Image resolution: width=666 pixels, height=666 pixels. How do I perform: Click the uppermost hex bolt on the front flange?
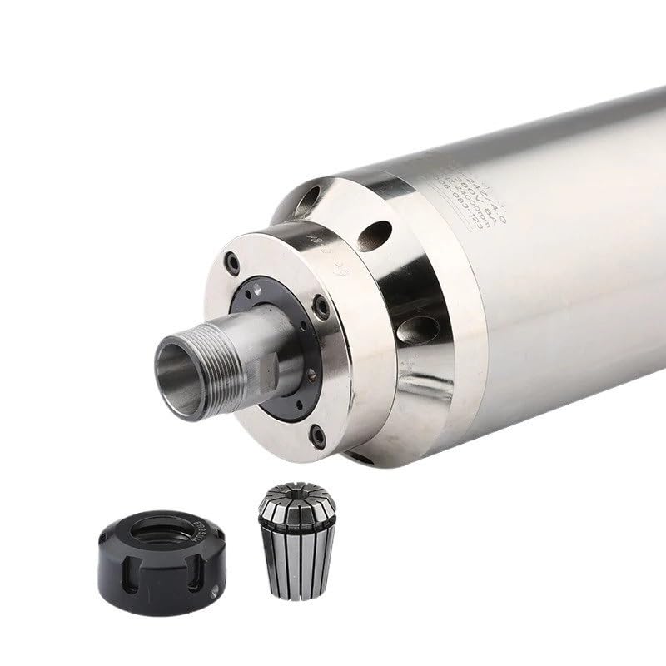(234, 265)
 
